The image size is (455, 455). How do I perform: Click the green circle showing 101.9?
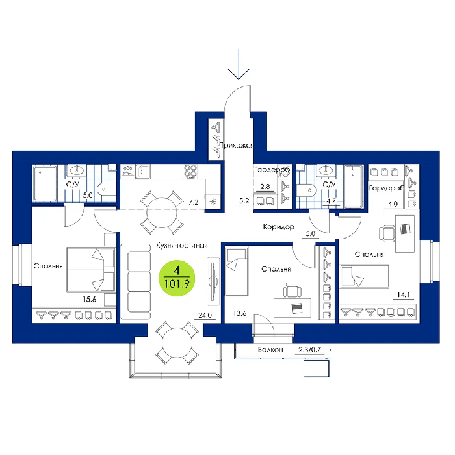[177, 278]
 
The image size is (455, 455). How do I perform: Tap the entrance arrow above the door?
[239, 64]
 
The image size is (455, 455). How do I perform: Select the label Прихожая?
[236, 146]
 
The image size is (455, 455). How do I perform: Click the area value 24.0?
[205, 315]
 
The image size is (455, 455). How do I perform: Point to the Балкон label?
[270, 350]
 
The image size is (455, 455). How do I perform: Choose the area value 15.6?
[90, 299]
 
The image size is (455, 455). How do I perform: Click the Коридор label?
[279, 227]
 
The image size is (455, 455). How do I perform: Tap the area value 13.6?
[240, 313]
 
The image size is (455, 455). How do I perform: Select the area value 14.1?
[404, 295]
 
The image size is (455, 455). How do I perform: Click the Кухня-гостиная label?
[182, 245]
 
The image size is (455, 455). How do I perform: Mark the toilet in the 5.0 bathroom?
[105, 189]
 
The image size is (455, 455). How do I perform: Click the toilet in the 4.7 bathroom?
[306, 190]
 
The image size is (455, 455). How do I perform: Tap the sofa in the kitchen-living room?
[136, 281]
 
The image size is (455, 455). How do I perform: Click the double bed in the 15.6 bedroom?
[91, 270]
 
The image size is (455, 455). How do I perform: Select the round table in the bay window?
[177, 343]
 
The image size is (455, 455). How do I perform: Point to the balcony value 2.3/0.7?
[310, 350]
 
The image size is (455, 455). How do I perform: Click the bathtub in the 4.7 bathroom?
[354, 187]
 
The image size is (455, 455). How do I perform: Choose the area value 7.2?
[194, 202]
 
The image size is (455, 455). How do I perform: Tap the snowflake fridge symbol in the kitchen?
[213, 201]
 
